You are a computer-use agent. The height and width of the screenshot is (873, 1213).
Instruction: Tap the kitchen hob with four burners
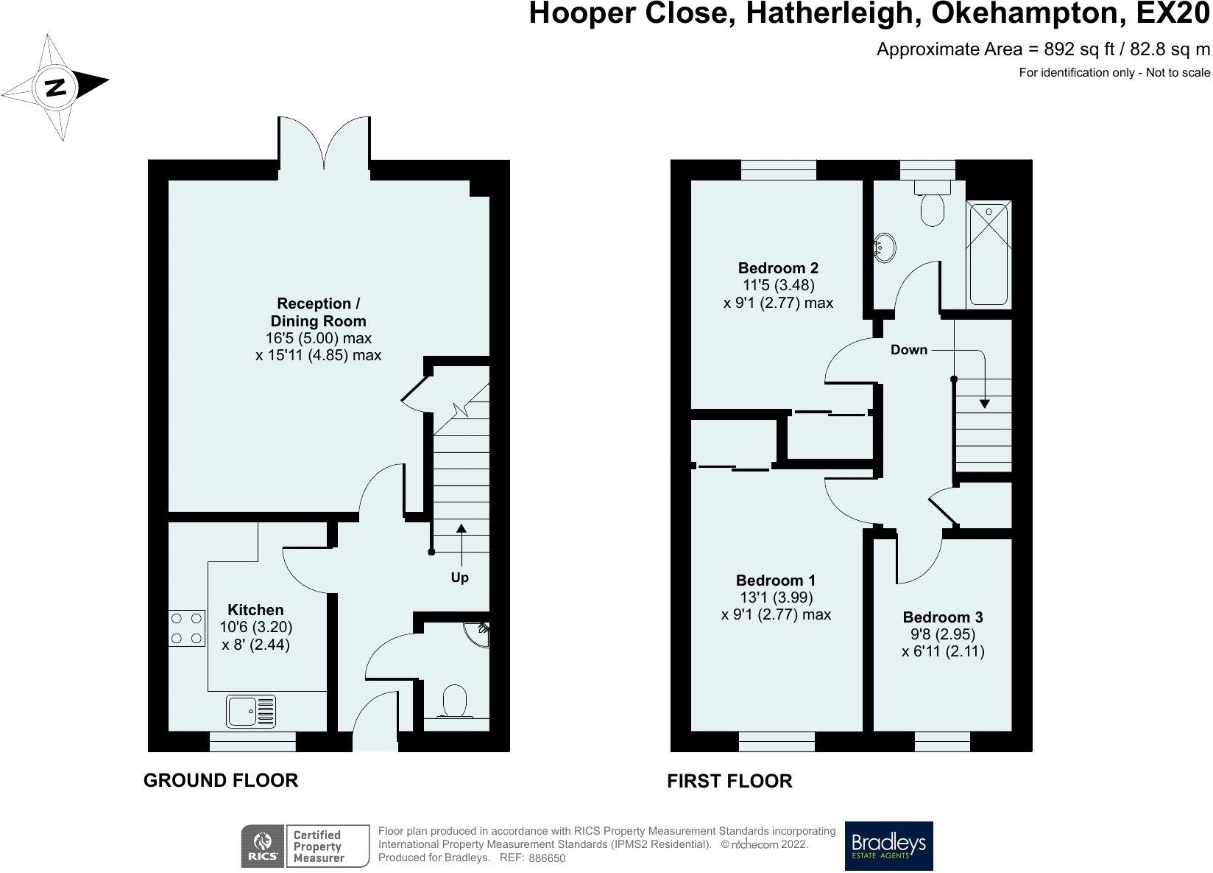pos(186,628)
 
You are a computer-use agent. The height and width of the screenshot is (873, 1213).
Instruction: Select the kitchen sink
pos(251,711)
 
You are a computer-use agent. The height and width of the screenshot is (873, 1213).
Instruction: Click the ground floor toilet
pos(455,702)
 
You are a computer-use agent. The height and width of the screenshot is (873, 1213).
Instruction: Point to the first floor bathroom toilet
pos(932,204)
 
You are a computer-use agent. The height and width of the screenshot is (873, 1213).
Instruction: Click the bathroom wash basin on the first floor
pos(885,248)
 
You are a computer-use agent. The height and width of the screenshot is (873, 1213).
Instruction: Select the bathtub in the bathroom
pos(989,253)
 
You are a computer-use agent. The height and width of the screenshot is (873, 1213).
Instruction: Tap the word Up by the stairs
pos(460,578)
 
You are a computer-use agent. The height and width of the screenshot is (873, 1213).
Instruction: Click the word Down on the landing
pos(909,350)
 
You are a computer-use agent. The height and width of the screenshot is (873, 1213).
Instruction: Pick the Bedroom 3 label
pos(943,617)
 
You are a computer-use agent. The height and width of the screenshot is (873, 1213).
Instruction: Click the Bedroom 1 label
pos(776,581)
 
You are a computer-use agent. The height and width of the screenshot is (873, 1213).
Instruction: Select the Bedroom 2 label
pos(778,267)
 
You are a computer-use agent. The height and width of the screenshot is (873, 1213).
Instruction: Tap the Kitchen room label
pos(255,609)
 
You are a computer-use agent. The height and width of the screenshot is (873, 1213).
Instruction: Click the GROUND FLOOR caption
pos(221,780)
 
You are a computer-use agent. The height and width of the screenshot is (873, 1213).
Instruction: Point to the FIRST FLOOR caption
pos(729,781)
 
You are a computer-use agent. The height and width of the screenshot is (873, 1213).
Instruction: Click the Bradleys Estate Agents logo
pos(888,846)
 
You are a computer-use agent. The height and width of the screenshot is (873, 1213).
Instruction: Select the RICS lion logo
pos(263,846)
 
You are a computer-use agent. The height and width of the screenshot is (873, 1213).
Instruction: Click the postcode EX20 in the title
pos(1173,13)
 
